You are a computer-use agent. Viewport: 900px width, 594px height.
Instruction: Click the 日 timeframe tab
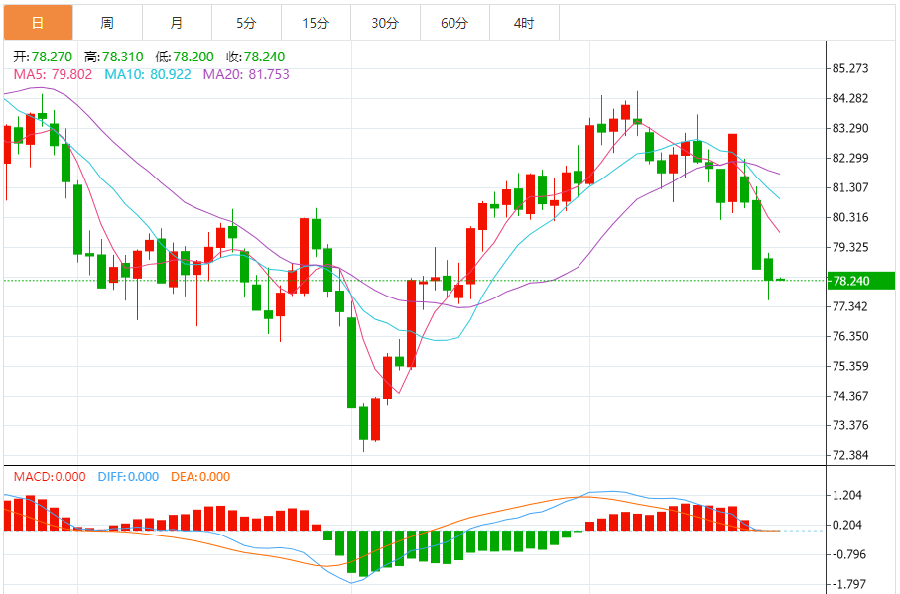38,22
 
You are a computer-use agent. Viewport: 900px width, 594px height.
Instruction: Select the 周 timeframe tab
107,22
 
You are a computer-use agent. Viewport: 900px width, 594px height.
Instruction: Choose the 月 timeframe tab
176,22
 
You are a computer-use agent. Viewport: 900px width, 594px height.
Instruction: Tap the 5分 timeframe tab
246,22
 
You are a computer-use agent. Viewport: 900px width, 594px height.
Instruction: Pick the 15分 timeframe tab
316,22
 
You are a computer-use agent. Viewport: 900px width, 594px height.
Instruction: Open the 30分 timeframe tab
385,22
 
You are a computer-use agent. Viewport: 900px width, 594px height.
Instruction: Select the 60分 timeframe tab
454,22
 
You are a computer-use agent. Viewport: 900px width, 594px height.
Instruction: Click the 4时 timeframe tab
524,22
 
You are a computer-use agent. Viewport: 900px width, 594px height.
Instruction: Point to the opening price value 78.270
52,57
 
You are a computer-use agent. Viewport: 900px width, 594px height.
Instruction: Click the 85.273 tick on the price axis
851,68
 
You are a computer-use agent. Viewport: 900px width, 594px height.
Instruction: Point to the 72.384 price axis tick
851,455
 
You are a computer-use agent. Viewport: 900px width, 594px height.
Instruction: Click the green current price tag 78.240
851,281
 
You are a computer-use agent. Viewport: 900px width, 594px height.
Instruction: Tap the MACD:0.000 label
50,477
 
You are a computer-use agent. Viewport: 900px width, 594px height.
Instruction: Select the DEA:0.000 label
200,477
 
